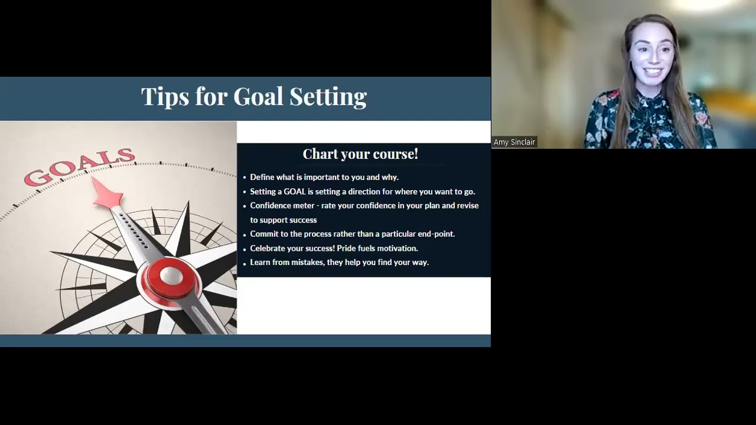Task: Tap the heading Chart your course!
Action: click(360, 154)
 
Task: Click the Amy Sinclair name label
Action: click(514, 142)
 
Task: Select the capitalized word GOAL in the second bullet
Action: click(295, 191)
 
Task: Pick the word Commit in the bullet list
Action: click(264, 234)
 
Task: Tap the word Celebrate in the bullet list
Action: click(269, 249)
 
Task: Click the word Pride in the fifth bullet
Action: click(346, 249)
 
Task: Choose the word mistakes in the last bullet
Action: click(307, 262)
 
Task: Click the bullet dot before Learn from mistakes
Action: click(245, 263)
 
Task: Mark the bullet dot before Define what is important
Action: click(245, 178)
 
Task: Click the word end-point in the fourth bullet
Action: click(436, 234)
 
